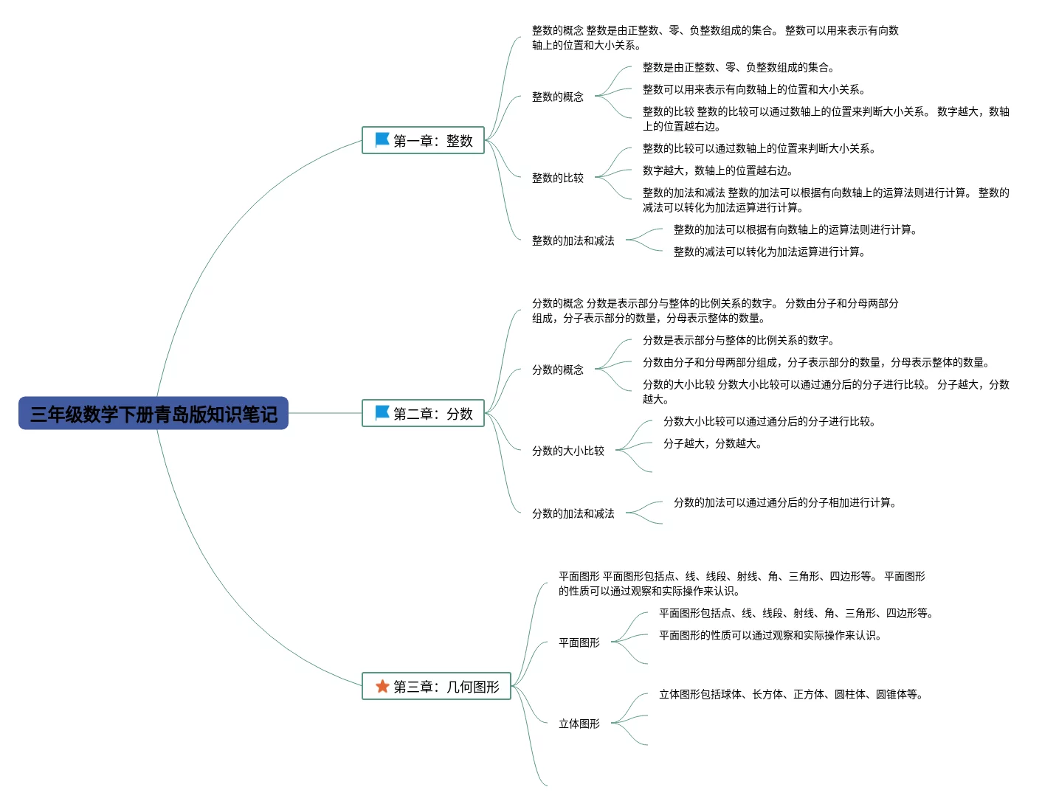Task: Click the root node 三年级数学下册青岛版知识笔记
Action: coord(153,414)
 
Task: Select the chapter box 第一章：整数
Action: coord(423,140)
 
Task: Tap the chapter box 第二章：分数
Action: coord(423,413)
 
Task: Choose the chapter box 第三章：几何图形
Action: coord(436,686)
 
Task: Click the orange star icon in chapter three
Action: coord(382,686)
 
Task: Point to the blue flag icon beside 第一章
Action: coord(382,139)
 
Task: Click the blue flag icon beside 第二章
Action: coord(382,412)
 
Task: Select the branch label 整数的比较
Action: coord(558,178)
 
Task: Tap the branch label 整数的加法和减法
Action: coord(573,240)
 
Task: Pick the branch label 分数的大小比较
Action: coord(568,451)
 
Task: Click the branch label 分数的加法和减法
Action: coord(573,513)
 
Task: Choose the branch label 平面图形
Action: coord(579,642)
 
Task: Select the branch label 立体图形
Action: coord(579,724)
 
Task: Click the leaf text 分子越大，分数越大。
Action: coord(713,443)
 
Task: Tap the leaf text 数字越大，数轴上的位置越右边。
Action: coord(718,170)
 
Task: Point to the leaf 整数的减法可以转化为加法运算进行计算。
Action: coord(770,252)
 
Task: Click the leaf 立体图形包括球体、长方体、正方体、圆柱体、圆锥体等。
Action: coord(791,694)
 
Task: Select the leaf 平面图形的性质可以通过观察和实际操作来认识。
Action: coord(770,635)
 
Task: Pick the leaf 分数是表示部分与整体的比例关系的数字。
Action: coord(739,340)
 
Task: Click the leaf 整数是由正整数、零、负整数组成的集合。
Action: coord(739,67)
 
